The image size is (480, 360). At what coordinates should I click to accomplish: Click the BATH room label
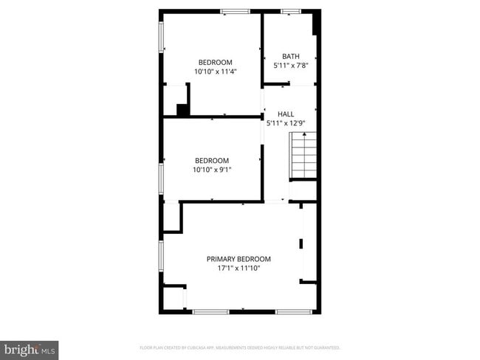coord(290,56)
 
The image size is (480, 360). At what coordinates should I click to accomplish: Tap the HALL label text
coord(286,114)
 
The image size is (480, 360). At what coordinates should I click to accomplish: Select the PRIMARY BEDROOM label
coord(239,259)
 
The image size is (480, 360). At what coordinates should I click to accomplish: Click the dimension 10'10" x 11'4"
coord(214,72)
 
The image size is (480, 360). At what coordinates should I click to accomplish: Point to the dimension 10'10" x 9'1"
coord(212,170)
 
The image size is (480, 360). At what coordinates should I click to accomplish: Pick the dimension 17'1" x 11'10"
coord(239,268)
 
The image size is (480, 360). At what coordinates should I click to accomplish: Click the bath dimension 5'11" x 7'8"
coord(290,65)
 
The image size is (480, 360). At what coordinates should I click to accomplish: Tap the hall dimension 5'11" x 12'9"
coord(286,122)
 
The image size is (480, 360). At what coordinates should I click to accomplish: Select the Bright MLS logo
coord(30,348)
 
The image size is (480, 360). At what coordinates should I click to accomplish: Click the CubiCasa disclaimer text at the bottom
coord(240,347)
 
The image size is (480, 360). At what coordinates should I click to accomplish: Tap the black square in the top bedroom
coord(182,110)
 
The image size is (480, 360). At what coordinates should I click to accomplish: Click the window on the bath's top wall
coord(290,11)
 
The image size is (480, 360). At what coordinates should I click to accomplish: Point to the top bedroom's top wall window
coord(235,11)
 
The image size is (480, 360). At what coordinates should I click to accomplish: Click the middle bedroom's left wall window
coord(162,178)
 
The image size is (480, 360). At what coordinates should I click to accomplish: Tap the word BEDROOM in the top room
coord(215,62)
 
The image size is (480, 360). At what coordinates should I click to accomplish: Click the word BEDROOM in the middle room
coord(212,160)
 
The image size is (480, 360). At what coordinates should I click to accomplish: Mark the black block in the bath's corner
coord(315,24)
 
